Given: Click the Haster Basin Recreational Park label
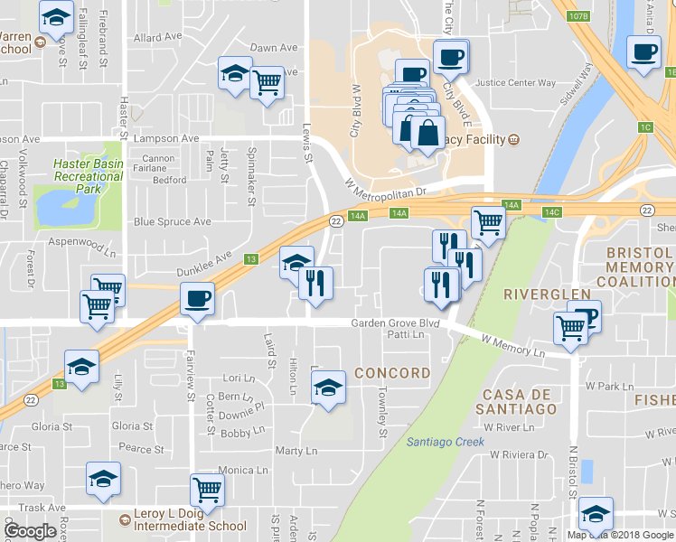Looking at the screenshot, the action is tap(87, 171).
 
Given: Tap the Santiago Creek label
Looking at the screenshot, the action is tap(446, 442).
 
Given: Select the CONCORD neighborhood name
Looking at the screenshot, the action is tap(392, 373).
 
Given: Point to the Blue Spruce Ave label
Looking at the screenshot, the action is tap(172, 221).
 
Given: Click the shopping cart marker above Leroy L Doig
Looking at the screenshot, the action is tap(208, 490).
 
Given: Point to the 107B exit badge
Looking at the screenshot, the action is tap(579, 16).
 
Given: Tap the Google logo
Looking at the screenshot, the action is tap(31, 531).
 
